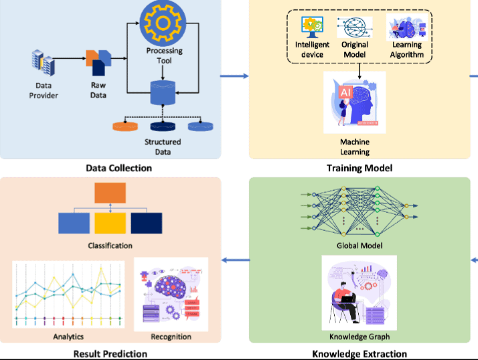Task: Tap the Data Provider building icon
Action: [x=44, y=65]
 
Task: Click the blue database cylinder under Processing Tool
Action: [x=163, y=93]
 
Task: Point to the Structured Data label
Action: [x=163, y=147]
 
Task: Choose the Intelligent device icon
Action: [x=312, y=27]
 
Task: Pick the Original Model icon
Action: [x=354, y=27]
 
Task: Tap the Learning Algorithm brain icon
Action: [x=406, y=27]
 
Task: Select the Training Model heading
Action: [x=359, y=168]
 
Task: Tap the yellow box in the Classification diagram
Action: [x=110, y=223]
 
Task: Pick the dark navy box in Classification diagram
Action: [x=146, y=223]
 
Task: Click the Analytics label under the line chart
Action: [x=68, y=336]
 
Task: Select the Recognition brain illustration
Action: [x=171, y=292]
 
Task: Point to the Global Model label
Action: [x=359, y=245]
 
